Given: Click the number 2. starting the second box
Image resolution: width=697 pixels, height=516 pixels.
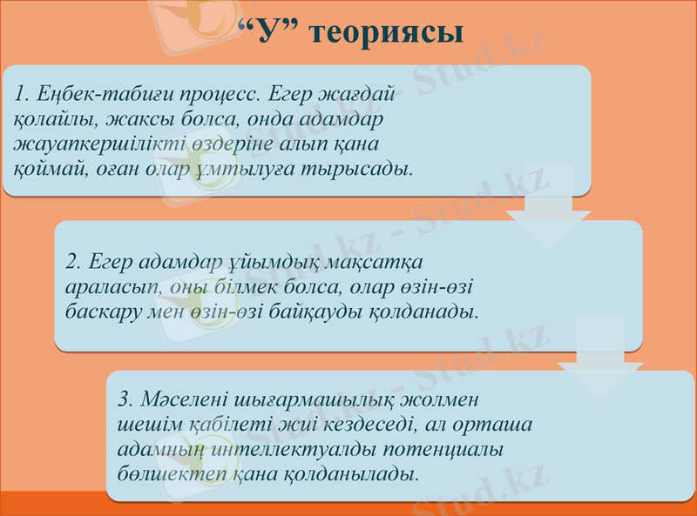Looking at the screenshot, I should [x=74, y=260].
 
